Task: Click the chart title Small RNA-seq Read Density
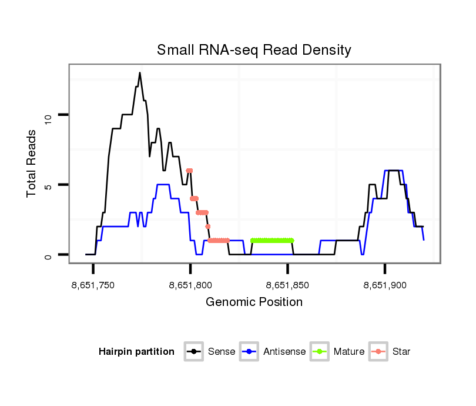coord(254,50)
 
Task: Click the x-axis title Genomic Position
coord(254,302)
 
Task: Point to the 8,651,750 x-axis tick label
coord(93,286)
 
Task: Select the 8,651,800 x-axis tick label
coord(190,286)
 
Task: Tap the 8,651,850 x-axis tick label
coord(287,286)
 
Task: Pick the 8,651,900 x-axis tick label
coord(385,286)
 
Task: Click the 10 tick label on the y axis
coord(49,115)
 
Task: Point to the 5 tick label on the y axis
coord(49,185)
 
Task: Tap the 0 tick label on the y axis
coord(49,255)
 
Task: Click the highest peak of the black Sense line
coord(140,73)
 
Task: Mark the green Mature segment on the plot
coord(271,240)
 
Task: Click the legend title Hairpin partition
coord(136,352)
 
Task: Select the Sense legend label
coord(222,352)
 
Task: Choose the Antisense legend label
coord(284,352)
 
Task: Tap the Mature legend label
coord(349,352)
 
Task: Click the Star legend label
coord(401,352)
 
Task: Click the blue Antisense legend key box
coord(250,352)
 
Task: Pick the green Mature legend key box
coord(320,352)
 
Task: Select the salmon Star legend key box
coord(379,352)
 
